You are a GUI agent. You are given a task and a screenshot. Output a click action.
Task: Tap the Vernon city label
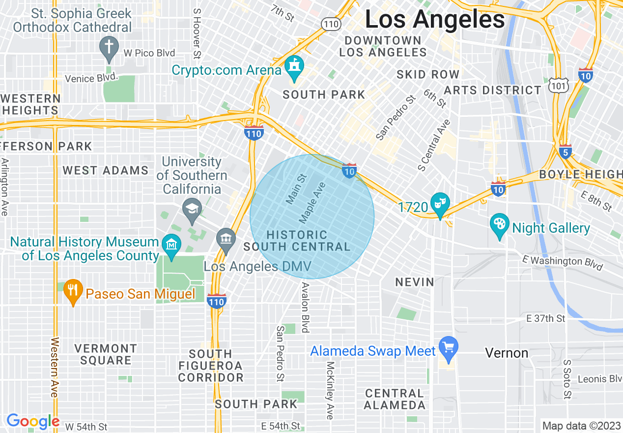tap(507, 353)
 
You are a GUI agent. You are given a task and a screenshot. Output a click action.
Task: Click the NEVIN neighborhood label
tap(415, 282)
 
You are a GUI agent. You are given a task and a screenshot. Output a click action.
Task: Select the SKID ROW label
tap(428, 74)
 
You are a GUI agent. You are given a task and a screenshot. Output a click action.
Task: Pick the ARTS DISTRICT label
tap(492, 90)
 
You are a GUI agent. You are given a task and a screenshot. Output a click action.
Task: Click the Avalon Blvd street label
tap(305, 308)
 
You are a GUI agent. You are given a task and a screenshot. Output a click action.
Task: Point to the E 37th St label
tap(545, 319)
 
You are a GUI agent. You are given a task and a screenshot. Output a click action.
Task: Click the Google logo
tap(33, 421)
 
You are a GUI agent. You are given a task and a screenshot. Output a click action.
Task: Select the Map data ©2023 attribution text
tap(580, 426)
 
